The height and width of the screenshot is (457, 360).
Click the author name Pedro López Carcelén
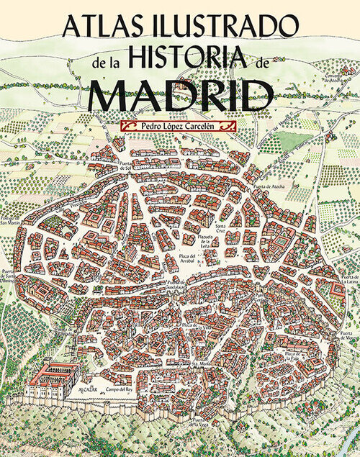click(180, 127)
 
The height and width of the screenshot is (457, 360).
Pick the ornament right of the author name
click(232, 127)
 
